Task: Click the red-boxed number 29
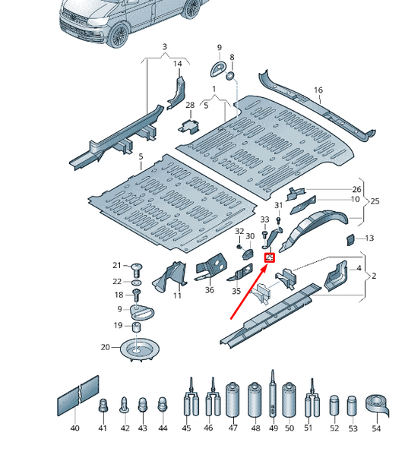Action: tap(270, 258)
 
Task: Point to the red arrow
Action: tap(249, 288)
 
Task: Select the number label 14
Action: tap(178, 64)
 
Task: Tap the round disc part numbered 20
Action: tap(137, 352)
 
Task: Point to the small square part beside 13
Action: tap(350, 239)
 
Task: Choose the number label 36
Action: tap(209, 289)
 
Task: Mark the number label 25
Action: tap(373, 201)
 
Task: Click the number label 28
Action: tap(190, 105)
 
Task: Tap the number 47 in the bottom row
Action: tap(233, 428)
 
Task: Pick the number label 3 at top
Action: tap(163, 48)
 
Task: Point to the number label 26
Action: tap(356, 189)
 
